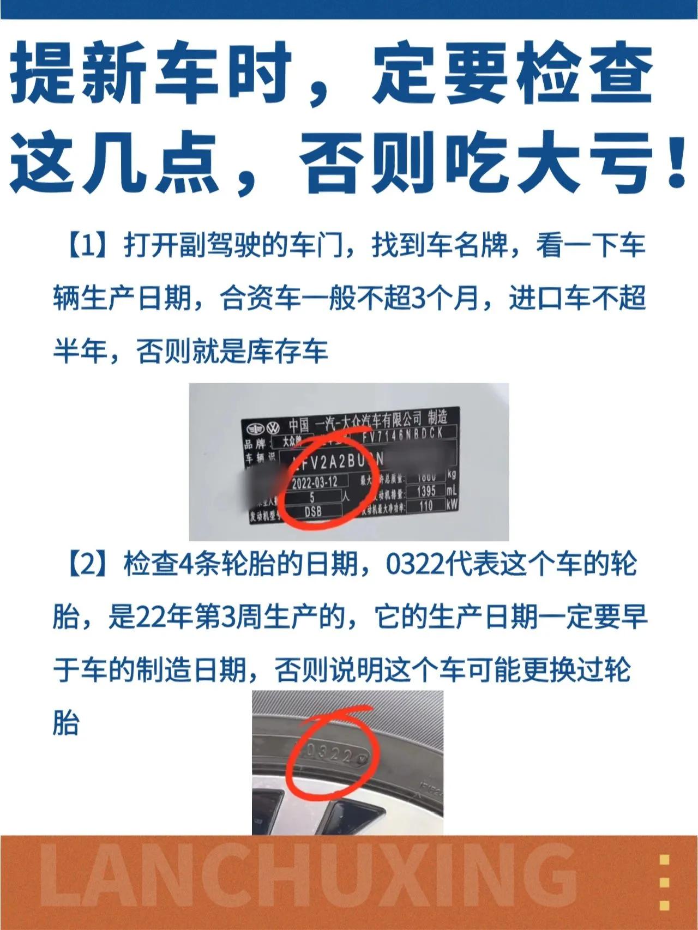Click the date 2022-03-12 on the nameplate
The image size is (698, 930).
click(315, 482)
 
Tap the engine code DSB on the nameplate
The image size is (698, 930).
click(313, 511)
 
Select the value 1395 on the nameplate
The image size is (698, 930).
click(426, 491)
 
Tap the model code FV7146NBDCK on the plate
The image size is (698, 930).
click(402, 434)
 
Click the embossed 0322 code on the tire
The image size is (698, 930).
click(329, 754)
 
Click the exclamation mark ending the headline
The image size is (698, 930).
click(677, 162)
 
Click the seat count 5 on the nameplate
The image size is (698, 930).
click(312, 497)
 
